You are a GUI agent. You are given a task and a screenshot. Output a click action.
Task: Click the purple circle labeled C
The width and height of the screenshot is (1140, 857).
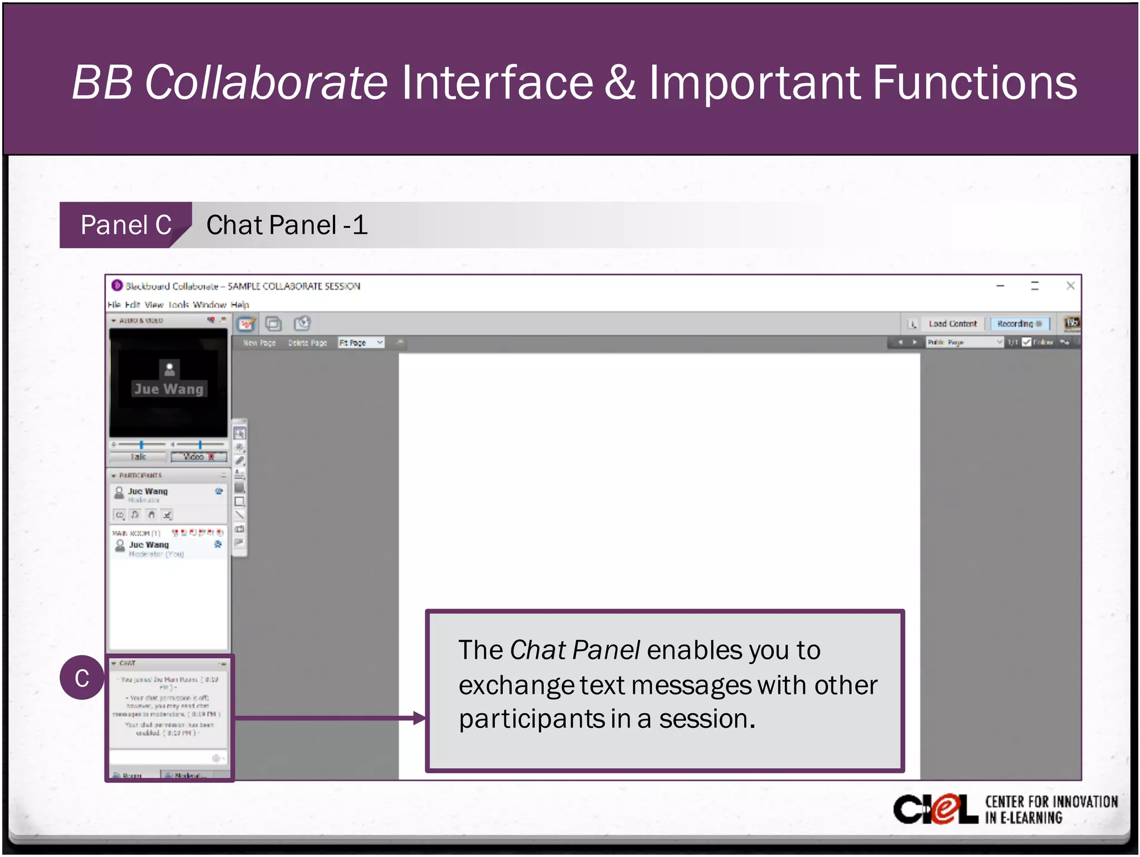[x=82, y=678]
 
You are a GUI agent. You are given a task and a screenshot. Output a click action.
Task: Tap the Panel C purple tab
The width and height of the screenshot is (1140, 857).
[x=126, y=226]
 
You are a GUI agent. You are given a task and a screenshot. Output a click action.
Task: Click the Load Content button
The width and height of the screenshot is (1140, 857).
[x=952, y=324]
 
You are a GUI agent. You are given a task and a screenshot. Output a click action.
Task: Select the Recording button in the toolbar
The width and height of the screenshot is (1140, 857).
[x=1019, y=324]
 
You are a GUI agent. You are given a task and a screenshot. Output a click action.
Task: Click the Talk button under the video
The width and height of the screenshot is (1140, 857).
[x=139, y=457]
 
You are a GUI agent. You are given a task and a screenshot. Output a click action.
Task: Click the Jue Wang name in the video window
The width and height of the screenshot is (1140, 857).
[x=169, y=389]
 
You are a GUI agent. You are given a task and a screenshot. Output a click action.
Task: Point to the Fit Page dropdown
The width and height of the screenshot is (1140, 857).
[x=361, y=342]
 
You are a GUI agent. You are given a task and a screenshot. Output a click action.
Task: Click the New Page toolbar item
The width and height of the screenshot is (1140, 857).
[x=259, y=342]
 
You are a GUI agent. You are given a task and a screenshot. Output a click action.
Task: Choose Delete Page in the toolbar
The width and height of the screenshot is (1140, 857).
[x=307, y=342]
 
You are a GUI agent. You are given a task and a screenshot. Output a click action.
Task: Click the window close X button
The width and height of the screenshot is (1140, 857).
[x=1070, y=286]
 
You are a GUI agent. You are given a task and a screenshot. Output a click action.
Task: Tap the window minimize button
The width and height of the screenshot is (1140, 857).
[x=1000, y=286]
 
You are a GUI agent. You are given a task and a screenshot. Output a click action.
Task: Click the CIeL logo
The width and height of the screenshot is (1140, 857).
[x=935, y=809]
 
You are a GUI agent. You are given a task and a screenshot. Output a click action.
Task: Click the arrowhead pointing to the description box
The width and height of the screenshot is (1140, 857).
[x=419, y=718]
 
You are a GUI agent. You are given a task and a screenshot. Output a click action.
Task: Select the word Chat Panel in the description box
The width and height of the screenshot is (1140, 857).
[x=574, y=650]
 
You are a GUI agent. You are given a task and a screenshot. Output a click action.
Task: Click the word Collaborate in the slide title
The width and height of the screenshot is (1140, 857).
[x=266, y=82]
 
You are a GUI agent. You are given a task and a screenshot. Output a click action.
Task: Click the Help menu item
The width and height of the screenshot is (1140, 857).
[x=239, y=305]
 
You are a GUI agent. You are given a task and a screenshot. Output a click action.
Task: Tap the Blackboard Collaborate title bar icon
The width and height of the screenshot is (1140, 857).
[x=117, y=285]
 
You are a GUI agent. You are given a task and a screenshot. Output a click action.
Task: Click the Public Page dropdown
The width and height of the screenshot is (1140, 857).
[x=964, y=342]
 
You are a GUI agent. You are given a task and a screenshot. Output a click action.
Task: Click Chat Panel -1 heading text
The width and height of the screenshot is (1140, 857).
[x=287, y=226]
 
